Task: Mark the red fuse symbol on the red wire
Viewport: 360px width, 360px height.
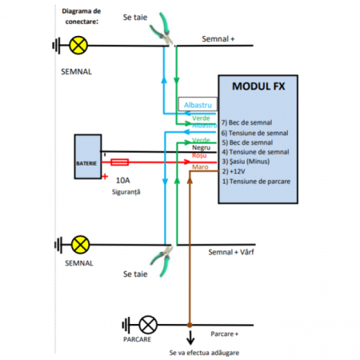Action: tap(125, 161)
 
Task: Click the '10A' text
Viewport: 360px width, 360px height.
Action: tap(123, 182)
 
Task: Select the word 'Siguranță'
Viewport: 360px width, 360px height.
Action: tap(126, 193)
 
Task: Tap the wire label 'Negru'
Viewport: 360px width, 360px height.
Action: tap(202, 148)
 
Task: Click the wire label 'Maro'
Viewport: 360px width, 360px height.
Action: tap(200, 168)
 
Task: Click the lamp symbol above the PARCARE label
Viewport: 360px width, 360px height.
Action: tap(147, 325)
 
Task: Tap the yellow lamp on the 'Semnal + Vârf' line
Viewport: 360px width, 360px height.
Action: tap(79, 244)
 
